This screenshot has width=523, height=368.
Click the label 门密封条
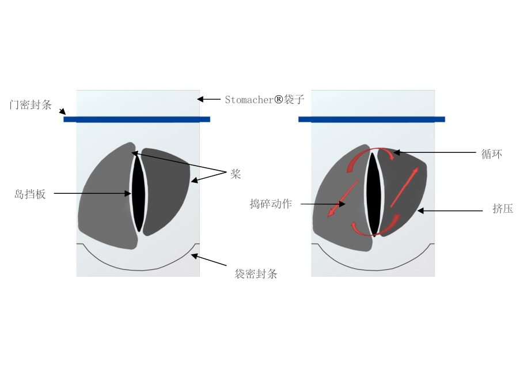point(31,105)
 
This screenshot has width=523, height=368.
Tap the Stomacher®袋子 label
point(264,100)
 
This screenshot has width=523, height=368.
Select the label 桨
point(236,174)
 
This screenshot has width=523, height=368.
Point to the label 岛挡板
point(30,194)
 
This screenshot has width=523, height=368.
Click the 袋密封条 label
point(256,274)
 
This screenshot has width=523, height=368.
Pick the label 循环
point(492,154)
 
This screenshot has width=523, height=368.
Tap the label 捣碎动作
point(271,204)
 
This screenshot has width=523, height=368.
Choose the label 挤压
point(503,209)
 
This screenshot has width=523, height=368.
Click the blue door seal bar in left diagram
point(137,119)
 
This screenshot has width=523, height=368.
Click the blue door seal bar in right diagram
point(372,119)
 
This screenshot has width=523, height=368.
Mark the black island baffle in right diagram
point(374,194)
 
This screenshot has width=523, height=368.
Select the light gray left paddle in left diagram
point(107,197)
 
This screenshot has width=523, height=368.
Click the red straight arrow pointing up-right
point(404,187)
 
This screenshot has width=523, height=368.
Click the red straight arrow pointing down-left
point(343,198)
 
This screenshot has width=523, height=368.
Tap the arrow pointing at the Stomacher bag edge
point(209,99)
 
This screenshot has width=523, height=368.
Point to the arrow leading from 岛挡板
point(92,193)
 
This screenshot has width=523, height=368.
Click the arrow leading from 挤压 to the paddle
point(450,211)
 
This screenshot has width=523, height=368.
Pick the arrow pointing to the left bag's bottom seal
point(209,260)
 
